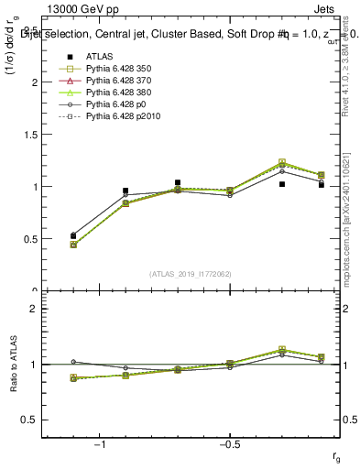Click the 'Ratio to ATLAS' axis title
(14, 364)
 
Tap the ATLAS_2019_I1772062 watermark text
(191, 274)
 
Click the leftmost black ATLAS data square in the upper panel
(73, 235)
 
